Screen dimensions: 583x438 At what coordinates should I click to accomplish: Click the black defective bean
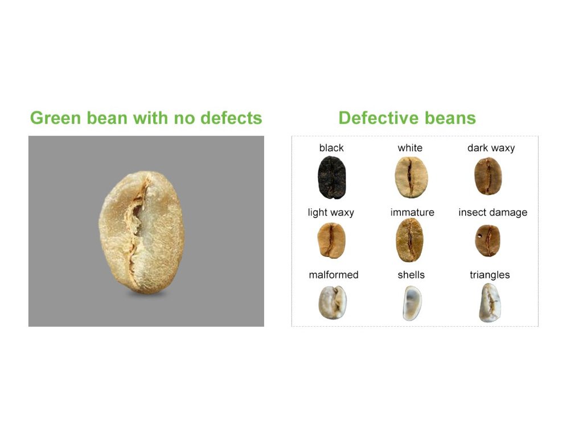(x=332, y=177)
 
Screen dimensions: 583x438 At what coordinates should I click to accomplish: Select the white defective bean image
(x=411, y=177)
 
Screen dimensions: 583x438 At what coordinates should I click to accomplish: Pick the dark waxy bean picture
(x=488, y=176)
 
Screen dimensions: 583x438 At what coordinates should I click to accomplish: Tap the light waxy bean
(x=331, y=240)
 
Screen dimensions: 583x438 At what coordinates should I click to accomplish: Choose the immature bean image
(x=409, y=240)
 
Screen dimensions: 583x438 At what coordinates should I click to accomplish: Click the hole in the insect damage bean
(x=479, y=236)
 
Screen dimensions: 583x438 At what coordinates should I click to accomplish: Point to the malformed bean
(x=332, y=302)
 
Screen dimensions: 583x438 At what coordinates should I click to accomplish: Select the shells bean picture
(x=412, y=303)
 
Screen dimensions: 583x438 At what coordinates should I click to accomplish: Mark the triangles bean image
(x=490, y=303)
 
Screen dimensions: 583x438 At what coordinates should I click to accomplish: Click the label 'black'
(x=331, y=148)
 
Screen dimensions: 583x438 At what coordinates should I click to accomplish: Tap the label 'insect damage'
(x=492, y=212)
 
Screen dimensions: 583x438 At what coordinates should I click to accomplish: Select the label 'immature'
(x=412, y=212)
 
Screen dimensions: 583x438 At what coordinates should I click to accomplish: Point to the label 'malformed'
(x=334, y=275)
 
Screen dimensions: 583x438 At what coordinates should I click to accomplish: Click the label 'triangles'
(x=490, y=275)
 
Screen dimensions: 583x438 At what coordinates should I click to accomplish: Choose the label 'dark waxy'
(x=491, y=148)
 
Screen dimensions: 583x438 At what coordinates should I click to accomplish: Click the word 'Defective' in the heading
(x=379, y=117)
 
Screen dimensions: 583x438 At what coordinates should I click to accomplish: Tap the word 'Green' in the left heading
(x=55, y=117)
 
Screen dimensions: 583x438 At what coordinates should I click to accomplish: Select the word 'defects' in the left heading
(x=231, y=117)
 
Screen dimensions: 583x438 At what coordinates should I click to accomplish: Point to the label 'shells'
(x=411, y=275)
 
